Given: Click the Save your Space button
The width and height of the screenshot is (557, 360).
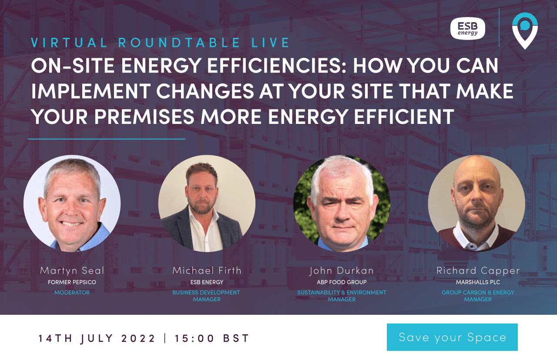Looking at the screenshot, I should [452, 337].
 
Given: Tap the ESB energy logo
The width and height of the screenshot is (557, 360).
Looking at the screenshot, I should [467, 29].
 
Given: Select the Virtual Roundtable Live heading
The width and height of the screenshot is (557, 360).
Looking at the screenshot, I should [161, 43].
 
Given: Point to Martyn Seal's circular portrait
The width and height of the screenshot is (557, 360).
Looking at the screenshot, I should [72, 203].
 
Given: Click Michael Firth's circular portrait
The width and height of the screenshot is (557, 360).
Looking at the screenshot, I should [207, 203].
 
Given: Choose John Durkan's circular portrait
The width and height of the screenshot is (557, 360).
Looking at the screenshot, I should [342, 203].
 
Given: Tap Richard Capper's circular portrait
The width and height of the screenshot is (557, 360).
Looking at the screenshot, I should [476, 203].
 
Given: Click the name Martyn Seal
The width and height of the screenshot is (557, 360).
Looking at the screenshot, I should [72, 270].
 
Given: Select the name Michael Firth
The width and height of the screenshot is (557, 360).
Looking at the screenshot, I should [207, 270].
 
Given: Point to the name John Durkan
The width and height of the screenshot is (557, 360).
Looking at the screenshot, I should [342, 270].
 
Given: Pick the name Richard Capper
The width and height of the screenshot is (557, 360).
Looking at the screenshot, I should [478, 270].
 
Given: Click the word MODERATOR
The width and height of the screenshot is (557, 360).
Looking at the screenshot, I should [72, 293].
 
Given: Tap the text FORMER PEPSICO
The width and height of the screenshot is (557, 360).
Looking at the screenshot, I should [72, 282].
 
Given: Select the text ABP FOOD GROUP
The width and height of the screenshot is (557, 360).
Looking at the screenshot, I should [342, 282].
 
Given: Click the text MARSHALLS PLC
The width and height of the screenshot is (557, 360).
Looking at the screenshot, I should [478, 282].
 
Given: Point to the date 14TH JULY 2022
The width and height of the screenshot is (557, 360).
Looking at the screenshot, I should [97, 338].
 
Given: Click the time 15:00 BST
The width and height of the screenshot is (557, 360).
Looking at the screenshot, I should [212, 338].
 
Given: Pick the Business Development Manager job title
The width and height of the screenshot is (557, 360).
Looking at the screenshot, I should [206, 296].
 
